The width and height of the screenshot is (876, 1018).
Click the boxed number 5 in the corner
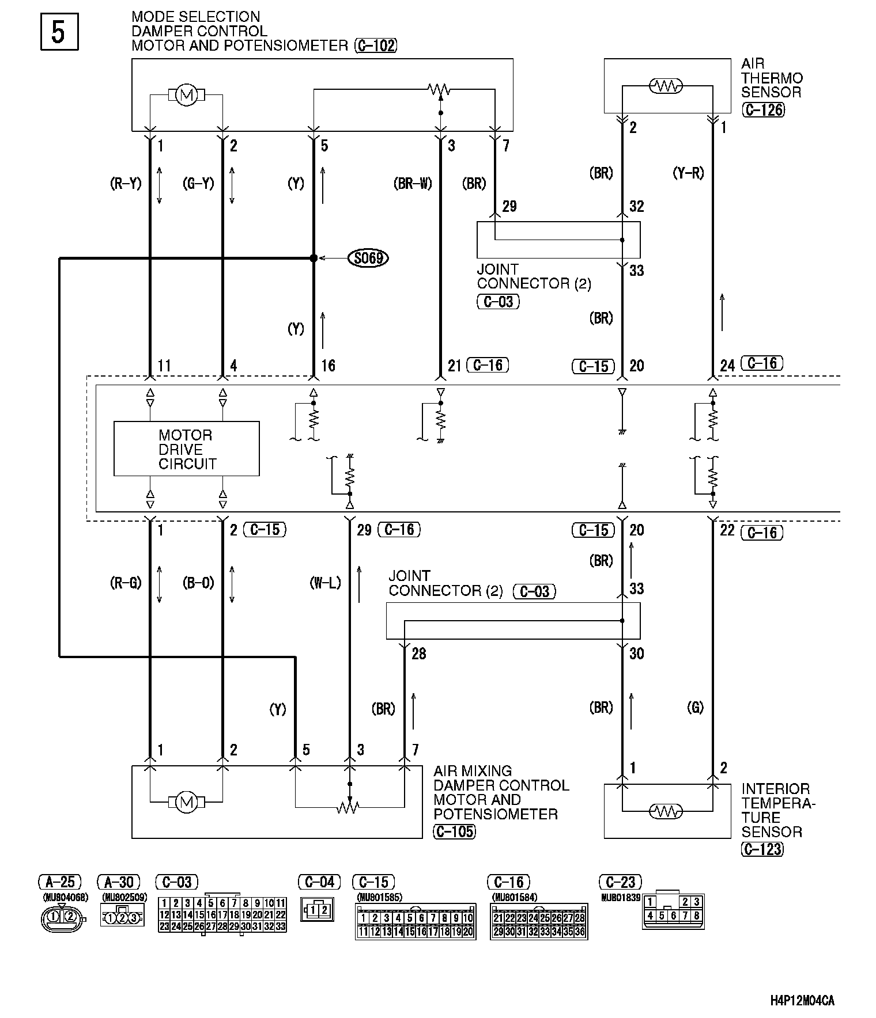point(59,32)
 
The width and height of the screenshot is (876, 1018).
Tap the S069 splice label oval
point(368,258)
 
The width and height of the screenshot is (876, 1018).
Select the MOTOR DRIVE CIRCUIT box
point(186,449)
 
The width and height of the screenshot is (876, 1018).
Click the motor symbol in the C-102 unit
point(186,94)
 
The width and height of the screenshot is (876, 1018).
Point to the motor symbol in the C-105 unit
point(186,802)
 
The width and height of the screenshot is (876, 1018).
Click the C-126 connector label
point(764,109)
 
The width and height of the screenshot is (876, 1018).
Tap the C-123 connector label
point(762,849)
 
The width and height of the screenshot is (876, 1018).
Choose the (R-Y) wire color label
point(126,183)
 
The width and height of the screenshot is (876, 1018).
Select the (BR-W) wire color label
point(413,183)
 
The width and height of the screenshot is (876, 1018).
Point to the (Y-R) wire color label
point(688,173)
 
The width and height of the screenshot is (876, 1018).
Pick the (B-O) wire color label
point(198,583)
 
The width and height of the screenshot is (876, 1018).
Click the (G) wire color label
point(695,708)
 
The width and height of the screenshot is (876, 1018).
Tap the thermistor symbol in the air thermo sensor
point(666,86)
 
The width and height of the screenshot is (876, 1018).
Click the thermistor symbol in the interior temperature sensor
point(666,811)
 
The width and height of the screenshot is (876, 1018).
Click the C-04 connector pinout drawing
point(317,910)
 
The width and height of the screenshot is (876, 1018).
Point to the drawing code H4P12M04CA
point(802,1000)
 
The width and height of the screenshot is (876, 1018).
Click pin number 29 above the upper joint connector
point(509,206)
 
